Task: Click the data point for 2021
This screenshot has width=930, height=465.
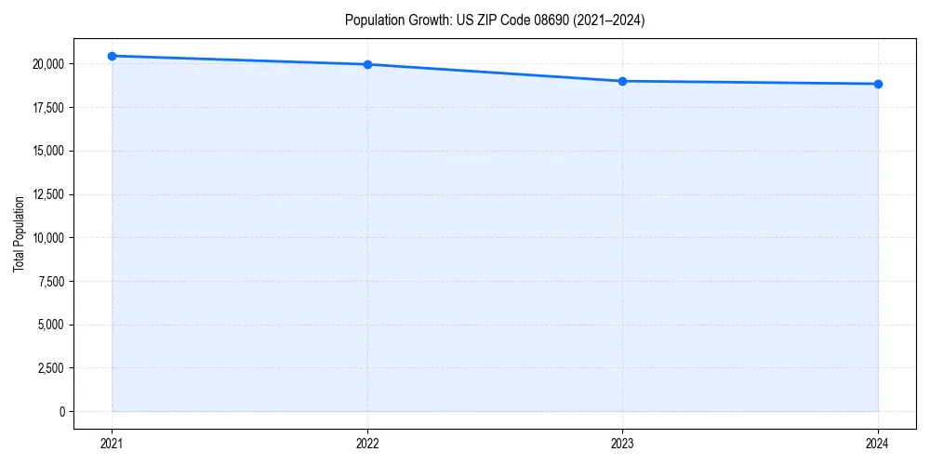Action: coord(112,56)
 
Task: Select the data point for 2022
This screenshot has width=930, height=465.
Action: coord(367,64)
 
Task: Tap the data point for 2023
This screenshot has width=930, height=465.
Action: coord(622,81)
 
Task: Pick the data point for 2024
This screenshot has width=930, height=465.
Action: coord(878,84)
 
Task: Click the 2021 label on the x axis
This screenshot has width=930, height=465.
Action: coord(112,443)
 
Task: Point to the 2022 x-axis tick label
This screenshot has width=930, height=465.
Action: coord(367,443)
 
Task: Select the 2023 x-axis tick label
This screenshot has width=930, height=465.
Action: coord(622,443)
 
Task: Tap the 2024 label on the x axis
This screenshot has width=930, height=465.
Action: coord(878,443)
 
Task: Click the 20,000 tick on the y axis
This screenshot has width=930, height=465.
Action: coord(47,64)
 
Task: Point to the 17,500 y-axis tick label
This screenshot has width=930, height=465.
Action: coord(47,108)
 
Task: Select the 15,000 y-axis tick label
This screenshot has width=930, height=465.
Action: coord(47,151)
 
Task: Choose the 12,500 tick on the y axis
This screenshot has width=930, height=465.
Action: coord(47,194)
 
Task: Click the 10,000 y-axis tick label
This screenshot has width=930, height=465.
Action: coord(47,238)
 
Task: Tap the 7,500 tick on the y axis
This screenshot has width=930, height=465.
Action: coord(50,281)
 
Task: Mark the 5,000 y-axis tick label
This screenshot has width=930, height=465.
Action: coord(50,325)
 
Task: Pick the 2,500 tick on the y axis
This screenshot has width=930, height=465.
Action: coord(50,368)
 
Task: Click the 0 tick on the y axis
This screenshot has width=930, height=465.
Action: coord(62,411)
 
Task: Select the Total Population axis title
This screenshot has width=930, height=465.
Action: coord(19,233)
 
